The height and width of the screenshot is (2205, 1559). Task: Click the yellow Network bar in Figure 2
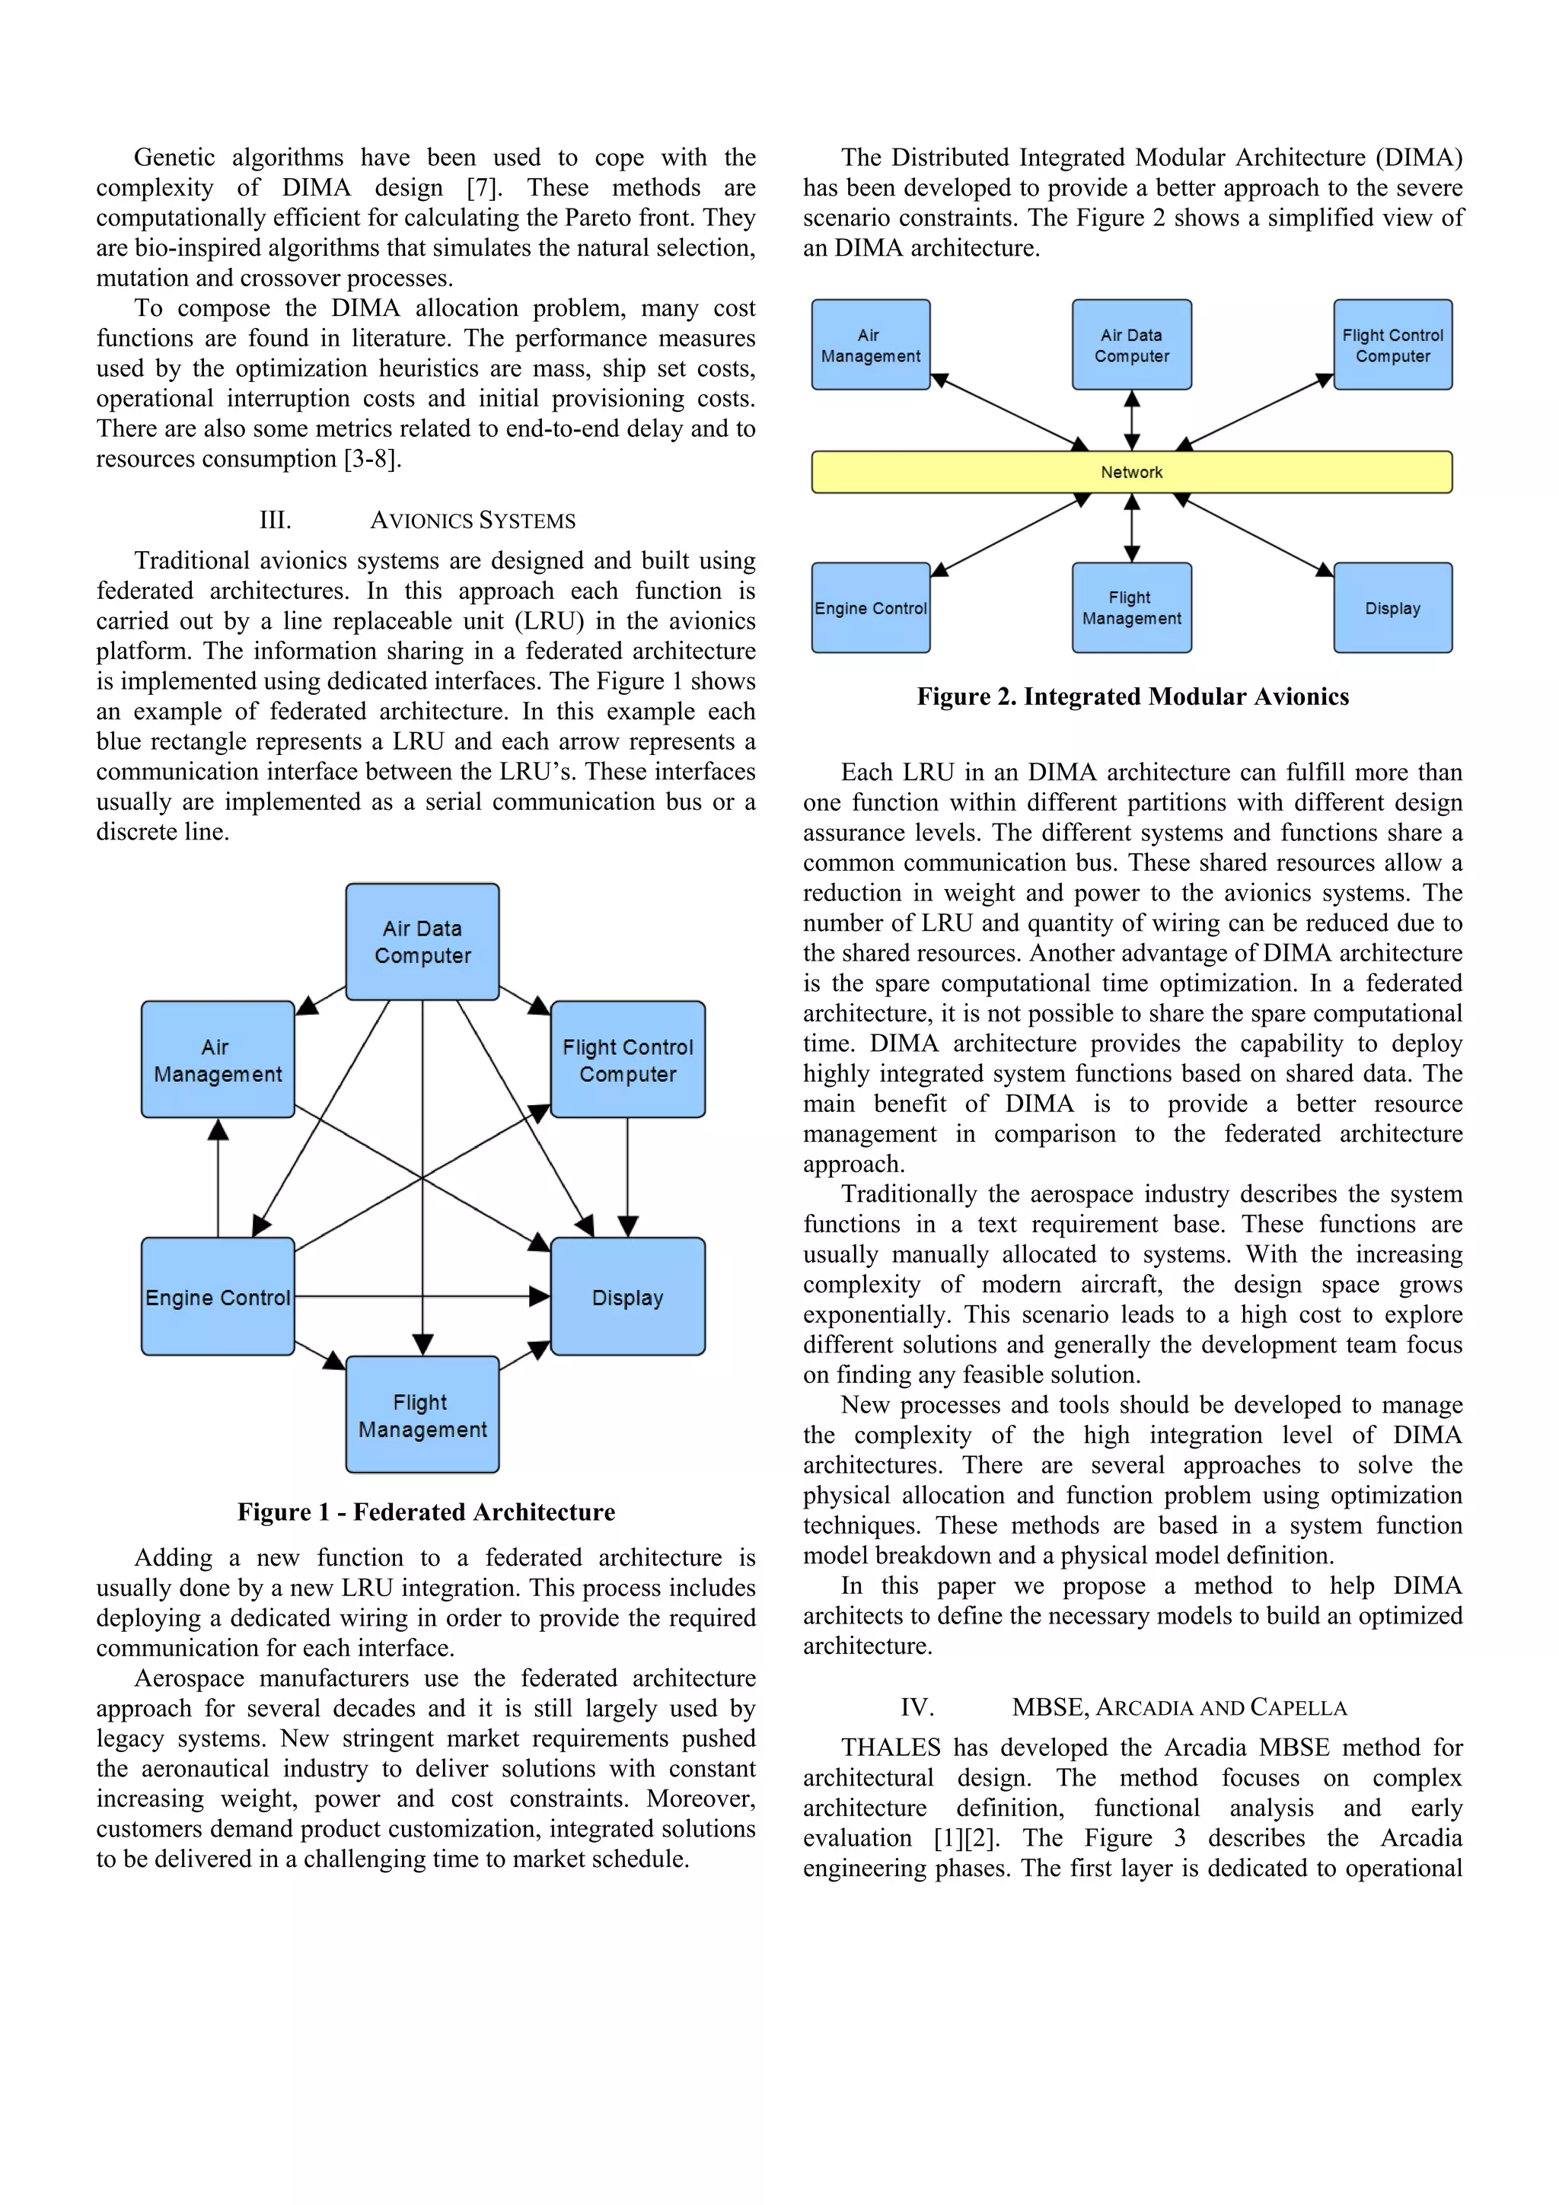click(x=1131, y=472)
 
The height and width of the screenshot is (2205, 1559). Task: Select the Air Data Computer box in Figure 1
click(x=422, y=942)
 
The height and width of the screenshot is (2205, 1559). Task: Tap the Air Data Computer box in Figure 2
click(x=1131, y=345)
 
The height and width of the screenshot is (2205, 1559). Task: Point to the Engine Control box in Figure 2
click(x=870, y=608)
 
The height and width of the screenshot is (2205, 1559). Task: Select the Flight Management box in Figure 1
click(x=422, y=1415)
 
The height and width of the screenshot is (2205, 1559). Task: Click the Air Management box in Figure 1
click(x=218, y=1059)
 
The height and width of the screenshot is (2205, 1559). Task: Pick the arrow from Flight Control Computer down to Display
click(x=627, y=1177)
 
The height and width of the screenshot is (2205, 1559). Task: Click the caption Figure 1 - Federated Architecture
click(x=426, y=1512)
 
